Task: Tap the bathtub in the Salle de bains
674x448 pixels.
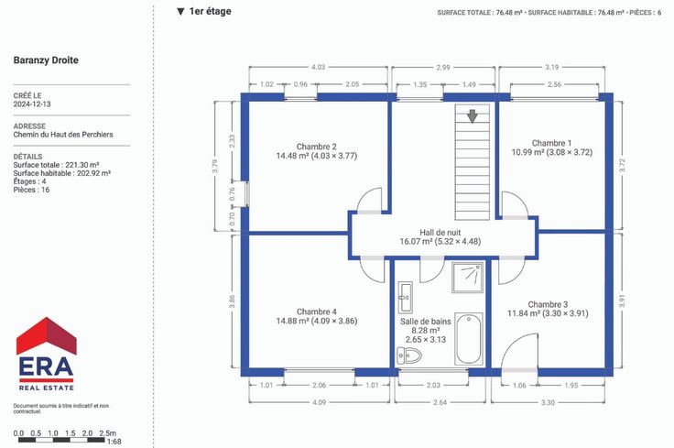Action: pos(469,339)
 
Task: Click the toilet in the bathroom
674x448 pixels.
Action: pos(409,355)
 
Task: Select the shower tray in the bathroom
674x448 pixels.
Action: pos(468,278)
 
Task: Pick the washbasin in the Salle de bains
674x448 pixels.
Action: pos(405,297)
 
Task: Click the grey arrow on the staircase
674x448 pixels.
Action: pos(473,116)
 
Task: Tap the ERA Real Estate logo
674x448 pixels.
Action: pos(47,354)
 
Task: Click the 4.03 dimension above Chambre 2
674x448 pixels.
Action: pos(318,67)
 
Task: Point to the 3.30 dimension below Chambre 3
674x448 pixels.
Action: pos(548,402)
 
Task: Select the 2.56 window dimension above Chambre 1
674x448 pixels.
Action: pos(555,84)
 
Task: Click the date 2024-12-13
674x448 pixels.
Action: pos(32,104)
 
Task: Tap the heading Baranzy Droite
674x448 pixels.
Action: pos(46,60)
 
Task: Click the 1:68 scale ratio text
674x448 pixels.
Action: pos(114,442)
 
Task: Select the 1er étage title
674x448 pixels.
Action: pos(211,11)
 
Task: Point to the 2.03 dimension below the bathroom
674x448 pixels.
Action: pos(433,385)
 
